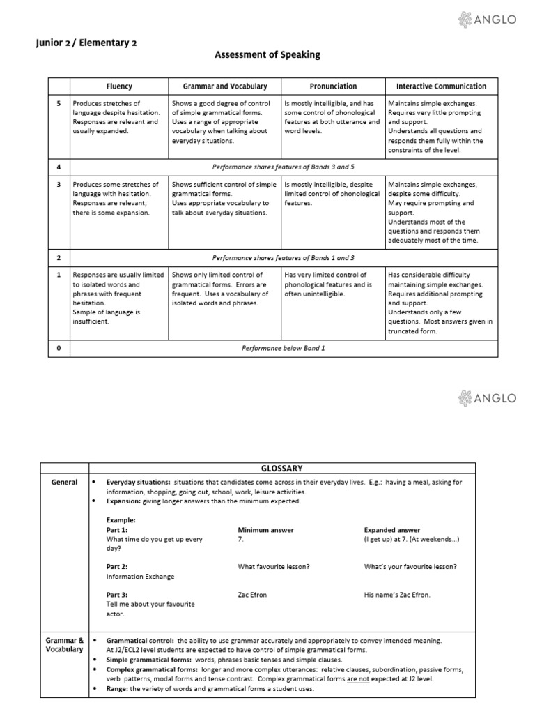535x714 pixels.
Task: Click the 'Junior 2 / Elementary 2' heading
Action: coord(86,43)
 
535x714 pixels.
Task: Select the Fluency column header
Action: coord(119,86)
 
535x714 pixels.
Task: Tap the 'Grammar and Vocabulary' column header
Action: coord(224,86)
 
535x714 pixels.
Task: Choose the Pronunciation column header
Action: coord(332,86)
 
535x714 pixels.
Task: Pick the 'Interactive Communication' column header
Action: coord(441,86)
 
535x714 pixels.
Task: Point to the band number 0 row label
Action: coord(59,348)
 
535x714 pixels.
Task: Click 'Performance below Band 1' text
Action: coord(284,348)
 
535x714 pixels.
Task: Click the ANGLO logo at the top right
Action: coord(487,20)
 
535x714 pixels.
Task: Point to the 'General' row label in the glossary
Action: coord(63,482)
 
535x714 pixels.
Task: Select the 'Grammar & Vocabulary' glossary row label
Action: coord(64,644)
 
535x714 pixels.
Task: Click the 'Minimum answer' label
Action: coord(265,530)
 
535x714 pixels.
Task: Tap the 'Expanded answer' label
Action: coord(391,530)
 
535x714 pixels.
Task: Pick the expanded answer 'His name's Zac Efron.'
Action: coord(397,595)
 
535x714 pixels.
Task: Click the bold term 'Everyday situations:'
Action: coord(138,482)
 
